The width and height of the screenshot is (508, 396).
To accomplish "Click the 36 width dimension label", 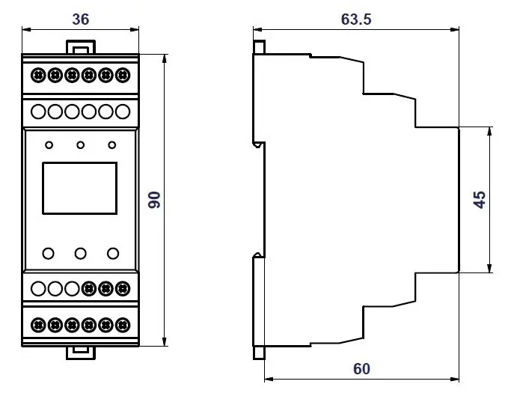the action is tap(81, 19).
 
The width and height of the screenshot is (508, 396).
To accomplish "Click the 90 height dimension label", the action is tap(154, 200).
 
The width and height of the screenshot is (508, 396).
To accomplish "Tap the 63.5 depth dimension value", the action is tap(356, 19).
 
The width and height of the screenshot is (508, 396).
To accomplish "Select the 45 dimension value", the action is tap(480, 200).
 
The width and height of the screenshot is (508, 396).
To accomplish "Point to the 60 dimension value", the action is tap(361, 369).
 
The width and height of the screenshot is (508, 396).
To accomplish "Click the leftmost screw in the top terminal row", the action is tap(38, 75).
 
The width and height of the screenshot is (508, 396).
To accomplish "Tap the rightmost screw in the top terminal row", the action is tap(123, 75).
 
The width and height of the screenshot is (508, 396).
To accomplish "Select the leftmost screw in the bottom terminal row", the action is tap(38, 325).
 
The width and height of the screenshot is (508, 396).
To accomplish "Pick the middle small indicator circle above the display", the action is tap(80, 145).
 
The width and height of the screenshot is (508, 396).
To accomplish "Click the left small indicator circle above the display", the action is tap(49, 145).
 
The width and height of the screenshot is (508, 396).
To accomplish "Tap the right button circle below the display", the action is tap(113, 254).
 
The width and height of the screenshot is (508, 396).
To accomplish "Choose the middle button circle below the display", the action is tap(80, 254).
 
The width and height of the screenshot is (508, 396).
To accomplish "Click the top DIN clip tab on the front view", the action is tap(81, 46).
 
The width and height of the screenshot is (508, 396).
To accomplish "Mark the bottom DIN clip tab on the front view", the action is tap(81, 353).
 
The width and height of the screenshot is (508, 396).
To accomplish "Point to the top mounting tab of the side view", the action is tap(259, 46).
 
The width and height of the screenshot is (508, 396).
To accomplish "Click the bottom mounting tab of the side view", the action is tap(259, 353).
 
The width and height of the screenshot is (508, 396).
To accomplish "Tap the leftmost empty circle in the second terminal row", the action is tap(38, 112).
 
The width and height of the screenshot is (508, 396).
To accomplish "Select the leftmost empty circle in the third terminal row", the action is tap(38, 288).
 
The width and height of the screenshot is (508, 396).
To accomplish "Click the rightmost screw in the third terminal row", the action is tap(123, 288).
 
